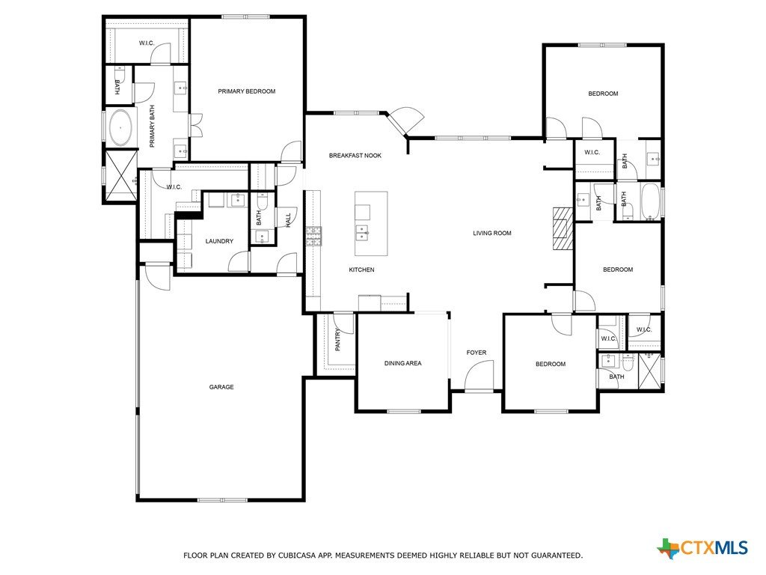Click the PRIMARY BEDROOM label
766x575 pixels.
246,91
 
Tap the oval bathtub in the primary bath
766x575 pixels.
120,127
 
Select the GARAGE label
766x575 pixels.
221,387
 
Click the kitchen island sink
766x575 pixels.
362,234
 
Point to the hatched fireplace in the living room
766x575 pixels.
563,229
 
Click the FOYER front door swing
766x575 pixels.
479,376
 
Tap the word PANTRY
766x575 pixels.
337,339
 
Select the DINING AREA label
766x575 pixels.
402,363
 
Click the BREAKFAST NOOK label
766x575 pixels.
355,156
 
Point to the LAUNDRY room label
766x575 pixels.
219,241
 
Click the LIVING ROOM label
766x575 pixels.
492,234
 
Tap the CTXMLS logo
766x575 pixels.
702,548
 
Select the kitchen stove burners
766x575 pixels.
313,236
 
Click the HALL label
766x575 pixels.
288,219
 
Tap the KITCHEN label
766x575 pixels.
361,270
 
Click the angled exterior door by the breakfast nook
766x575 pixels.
405,121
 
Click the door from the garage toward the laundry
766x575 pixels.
157,277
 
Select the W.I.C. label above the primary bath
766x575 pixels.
147,43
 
